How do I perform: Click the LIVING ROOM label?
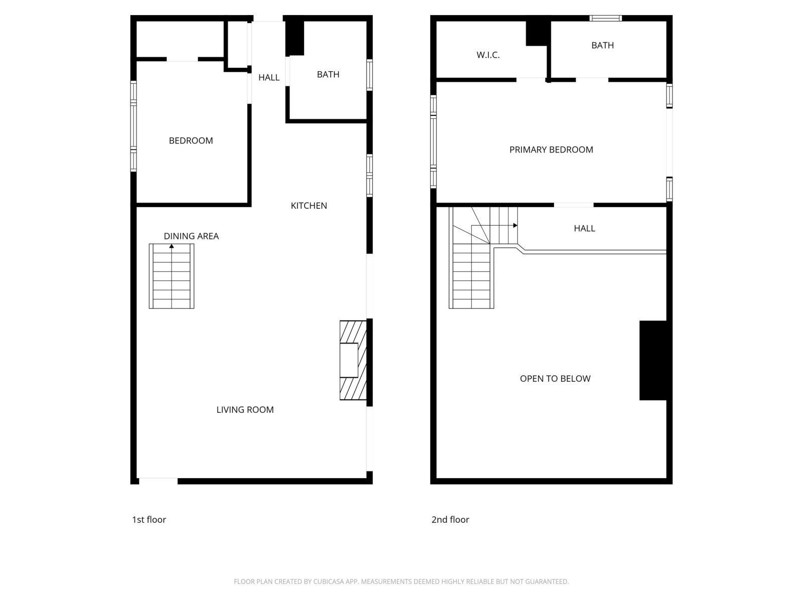click(x=245, y=410)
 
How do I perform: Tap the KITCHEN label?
click(x=309, y=206)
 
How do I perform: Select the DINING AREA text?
click(x=191, y=236)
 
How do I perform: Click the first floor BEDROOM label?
click(x=191, y=141)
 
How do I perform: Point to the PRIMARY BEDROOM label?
click(x=551, y=149)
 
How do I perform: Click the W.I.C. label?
click(x=488, y=55)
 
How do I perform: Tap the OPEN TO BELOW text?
click(x=555, y=379)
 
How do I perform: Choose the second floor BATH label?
click(x=602, y=46)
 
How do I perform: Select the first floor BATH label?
click(x=328, y=75)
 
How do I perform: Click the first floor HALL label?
click(x=269, y=78)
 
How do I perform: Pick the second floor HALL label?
click(x=584, y=229)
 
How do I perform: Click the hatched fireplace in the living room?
click(x=352, y=360)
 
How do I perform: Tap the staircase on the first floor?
click(x=172, y=278)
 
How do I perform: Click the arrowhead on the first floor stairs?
click(x=172, y=246)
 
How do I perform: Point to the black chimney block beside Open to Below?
click(x=653, y=360)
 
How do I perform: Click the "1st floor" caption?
click(x=149, y=520)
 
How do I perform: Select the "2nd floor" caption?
click(x=450, y=520)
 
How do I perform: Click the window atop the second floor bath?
click(x=606, y=19)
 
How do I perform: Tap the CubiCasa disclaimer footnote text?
click(x=401, y=582)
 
